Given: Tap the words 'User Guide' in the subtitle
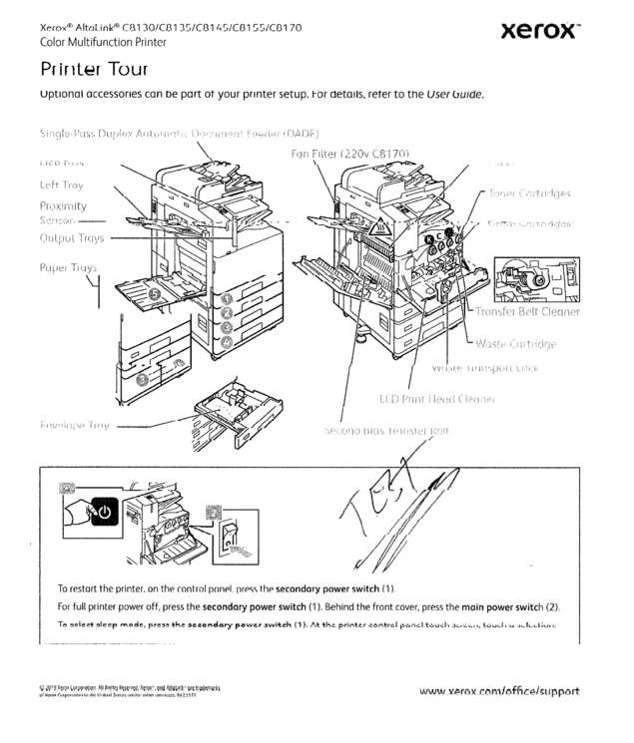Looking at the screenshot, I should point(454,95).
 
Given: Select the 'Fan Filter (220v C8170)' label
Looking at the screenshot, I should point(350,154).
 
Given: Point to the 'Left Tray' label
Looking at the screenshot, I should point(62,185).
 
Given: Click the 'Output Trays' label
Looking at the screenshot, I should point(71,238).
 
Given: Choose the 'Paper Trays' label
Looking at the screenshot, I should point(68,267).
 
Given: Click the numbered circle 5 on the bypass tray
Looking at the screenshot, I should point(155,293).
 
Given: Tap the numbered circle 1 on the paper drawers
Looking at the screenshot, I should point(227,298).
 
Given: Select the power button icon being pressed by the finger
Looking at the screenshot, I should point(103,513).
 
